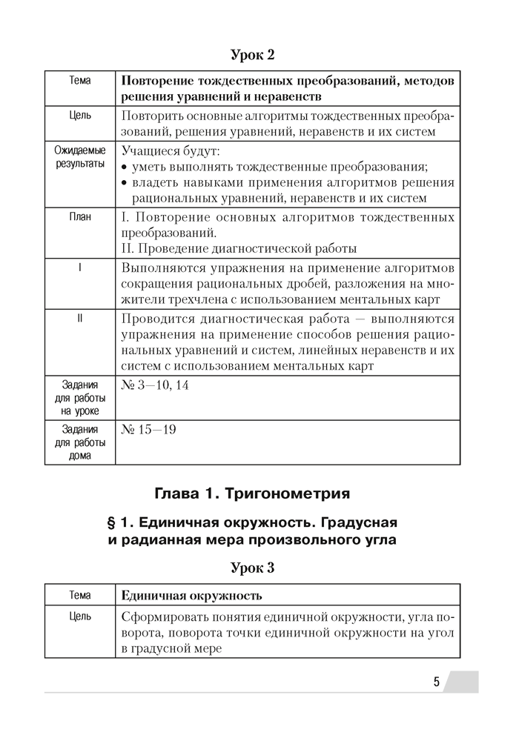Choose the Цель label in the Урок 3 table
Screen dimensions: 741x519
click(x=80, y=617)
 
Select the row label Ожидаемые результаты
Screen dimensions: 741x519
click(x=80, y=157)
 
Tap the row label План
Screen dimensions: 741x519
click(x=80, y=217)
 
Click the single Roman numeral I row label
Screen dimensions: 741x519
click(x=80, y=267)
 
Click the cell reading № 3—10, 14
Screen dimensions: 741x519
click(x=154, y=385)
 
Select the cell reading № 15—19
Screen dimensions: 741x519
click(x=148, y=430)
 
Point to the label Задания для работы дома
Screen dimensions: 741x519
click(x=80, y=442)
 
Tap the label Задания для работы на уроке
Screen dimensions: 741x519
click(x=80, y=398)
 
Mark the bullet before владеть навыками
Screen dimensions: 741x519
click(x=125, y=183)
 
